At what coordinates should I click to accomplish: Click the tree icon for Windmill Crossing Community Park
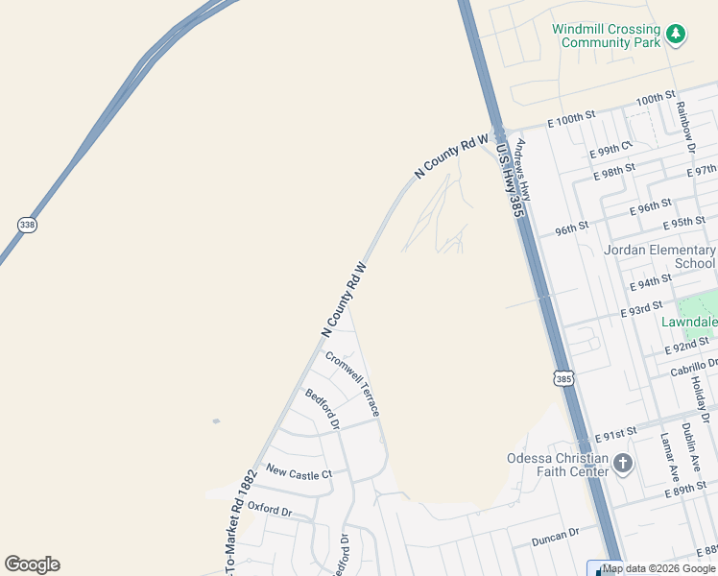pos(677,35)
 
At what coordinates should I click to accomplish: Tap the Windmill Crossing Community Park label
pos(606,36)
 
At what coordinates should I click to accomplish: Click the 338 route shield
pos(27,225)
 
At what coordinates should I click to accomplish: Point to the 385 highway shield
pos(563,379)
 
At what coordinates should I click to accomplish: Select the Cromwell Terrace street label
pos(352,383)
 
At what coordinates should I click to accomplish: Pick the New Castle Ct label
pos(299,473)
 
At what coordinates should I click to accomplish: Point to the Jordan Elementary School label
pos(659,256)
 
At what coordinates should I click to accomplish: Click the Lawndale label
pos(688,323)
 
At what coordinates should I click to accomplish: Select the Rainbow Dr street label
pos(685,126)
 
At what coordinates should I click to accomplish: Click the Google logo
pos(32,564)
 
